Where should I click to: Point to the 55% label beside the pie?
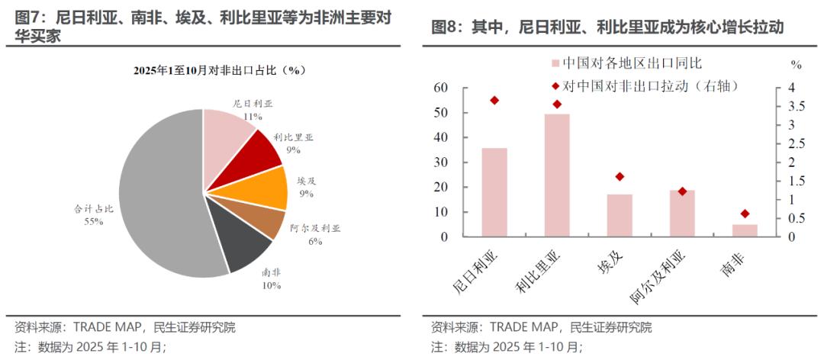pyautogui.click(x=94, y=221)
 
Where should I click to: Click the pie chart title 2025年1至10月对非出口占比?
pyautogui.click(x=220, y=70)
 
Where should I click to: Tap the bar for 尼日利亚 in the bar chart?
pyautogui.click(x=494, y=192)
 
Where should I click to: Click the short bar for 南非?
pyautogui.click(x=745, y=230)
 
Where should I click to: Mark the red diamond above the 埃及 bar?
pyautogui.click(x=620, y=177)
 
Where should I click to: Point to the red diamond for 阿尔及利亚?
pyautogui.click(x=682, y=191)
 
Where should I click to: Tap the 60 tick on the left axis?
pyautogui.click(x=440, y=88)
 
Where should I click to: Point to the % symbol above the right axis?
pyautogui.click(x=796, y=64)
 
